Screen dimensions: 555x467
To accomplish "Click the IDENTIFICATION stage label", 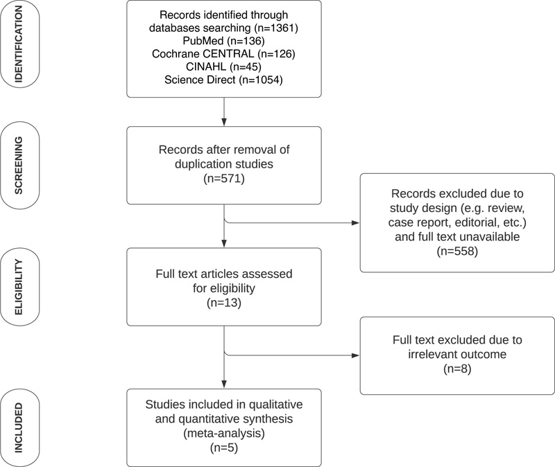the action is [19, 44].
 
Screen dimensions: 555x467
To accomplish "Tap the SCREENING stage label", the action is [19, 166].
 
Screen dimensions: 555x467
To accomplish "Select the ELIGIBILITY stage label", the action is [19, 287].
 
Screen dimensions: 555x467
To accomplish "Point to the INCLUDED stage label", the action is [19, 428].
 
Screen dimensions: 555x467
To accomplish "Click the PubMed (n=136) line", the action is [223, 41].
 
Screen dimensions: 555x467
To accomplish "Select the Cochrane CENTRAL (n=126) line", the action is [223, 54].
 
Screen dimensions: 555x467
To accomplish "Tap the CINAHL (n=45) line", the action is [223, 67].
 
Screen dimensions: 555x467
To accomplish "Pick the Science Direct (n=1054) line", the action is [223, 80].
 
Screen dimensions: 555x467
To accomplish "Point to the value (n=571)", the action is [224, 179].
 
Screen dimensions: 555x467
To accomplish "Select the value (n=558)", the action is [457, 252].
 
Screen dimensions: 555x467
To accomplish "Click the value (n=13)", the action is [224, 303].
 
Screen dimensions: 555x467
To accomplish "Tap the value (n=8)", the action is [457, 369].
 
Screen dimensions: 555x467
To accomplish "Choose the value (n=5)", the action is [224, 448].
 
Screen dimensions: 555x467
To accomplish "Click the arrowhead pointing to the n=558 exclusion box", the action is [355, 223].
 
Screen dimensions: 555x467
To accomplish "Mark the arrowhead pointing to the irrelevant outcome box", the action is [355, 355].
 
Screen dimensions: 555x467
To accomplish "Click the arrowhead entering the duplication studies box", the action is [224, 123].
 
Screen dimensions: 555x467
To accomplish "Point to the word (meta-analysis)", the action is [224, 434].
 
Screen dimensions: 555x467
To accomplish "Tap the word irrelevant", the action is [432, 355].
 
